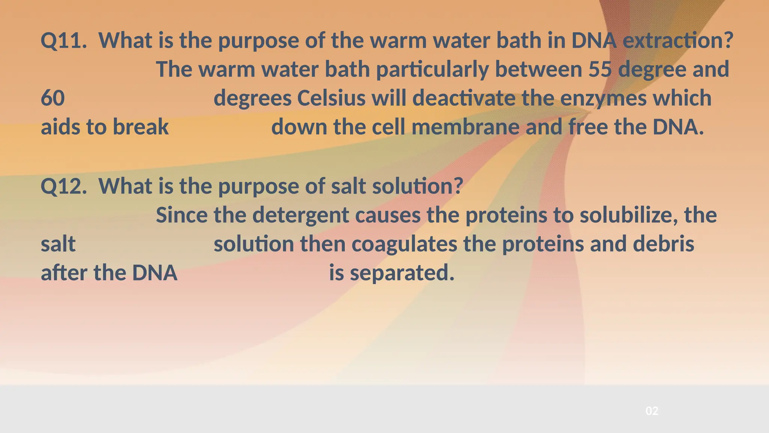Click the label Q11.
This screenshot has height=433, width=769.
coord(63,41)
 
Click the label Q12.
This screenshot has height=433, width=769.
coord(63,186)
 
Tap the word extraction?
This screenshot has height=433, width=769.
coord(678,41)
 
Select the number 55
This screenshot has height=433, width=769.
coord(600,70)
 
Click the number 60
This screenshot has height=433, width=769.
coord(53,98)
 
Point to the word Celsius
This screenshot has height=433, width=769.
coord(331,98)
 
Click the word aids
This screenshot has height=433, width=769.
coord(60,127)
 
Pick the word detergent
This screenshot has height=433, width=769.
coord(300,216)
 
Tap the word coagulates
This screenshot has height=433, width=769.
coord(404,244)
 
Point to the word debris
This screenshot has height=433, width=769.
coord(663,244)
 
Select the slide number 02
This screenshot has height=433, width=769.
coord(652,411)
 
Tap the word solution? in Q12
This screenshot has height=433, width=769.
coord(418,186)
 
